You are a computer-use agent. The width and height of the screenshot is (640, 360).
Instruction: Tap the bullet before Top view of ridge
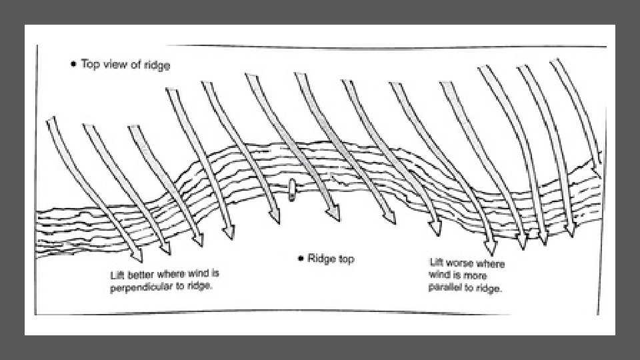click(73, 65)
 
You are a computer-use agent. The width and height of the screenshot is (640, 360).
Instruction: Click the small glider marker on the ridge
click(291, 191)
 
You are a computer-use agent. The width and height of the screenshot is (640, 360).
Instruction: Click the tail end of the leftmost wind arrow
click(51, 120)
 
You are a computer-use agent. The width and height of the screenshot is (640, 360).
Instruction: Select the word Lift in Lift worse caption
click(437, 263)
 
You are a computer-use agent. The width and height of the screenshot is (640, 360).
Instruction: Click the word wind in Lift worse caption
click(439, 276)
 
